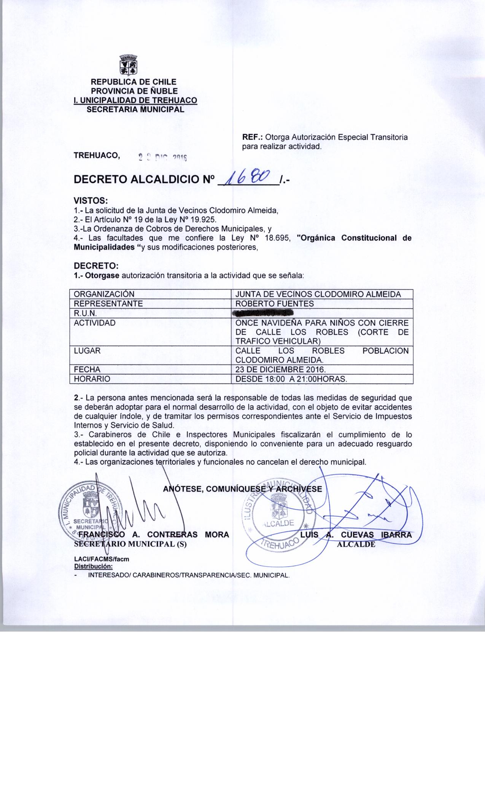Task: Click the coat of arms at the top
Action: click(128, 65)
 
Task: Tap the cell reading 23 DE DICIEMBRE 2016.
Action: click(280, 369)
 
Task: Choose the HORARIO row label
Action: click(92, 379)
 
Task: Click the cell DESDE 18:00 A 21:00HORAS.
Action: click(291, 379)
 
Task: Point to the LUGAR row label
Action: click(87, 351)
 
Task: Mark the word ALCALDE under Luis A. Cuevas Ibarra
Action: click(356, 544)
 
